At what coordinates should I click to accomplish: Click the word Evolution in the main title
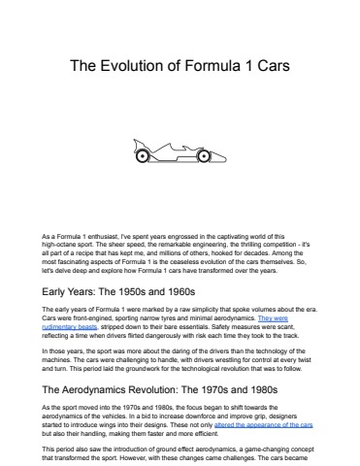(x=145, y=68)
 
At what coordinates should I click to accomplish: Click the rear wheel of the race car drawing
(x=144, y=154)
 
